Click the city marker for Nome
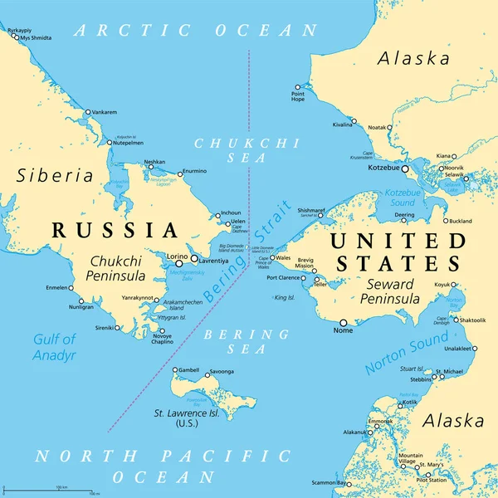click(x=343, y=322)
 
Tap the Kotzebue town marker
click(x=406, y=168)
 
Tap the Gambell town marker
click(x=176, y=370)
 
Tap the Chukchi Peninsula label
click(x=117, y=267)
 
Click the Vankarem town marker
click(x=87, y=112)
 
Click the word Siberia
click(x=55, y=175)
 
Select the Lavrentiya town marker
click(x=194, y=258)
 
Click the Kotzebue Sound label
click(x=388, y=197)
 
